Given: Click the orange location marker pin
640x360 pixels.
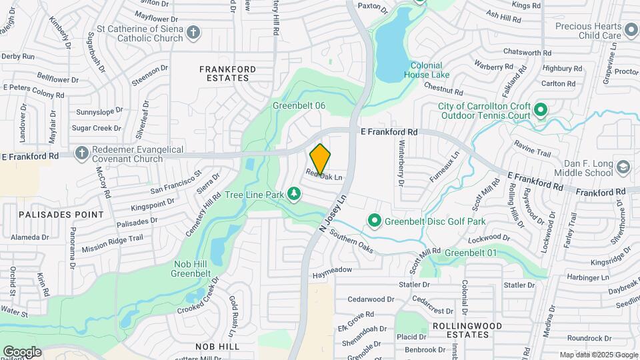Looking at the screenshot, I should point(321,159).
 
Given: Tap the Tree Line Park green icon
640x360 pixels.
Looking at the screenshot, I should point(293,194).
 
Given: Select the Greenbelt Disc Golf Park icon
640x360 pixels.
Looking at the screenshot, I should point(375,220).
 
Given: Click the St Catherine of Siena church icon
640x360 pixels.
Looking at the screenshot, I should point(193,32).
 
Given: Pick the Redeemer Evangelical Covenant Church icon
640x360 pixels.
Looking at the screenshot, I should point(81,153).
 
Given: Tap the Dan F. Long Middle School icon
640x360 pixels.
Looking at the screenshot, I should point(623,167).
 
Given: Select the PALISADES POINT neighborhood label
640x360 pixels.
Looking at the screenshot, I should point(52,215).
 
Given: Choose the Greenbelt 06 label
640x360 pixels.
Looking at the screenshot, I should point(299,106).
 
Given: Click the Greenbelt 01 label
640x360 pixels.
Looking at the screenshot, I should point(471,253).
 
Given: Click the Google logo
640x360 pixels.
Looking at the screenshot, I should point(22,352).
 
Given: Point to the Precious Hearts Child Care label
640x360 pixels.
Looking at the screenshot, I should point(588,31).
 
